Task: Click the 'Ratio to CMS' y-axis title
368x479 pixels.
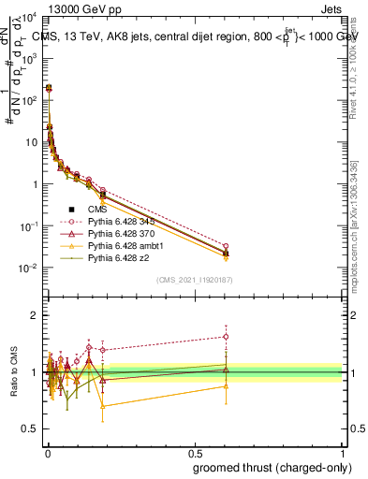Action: coord(15,372)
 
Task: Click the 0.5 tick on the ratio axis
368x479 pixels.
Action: coord(35,428)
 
